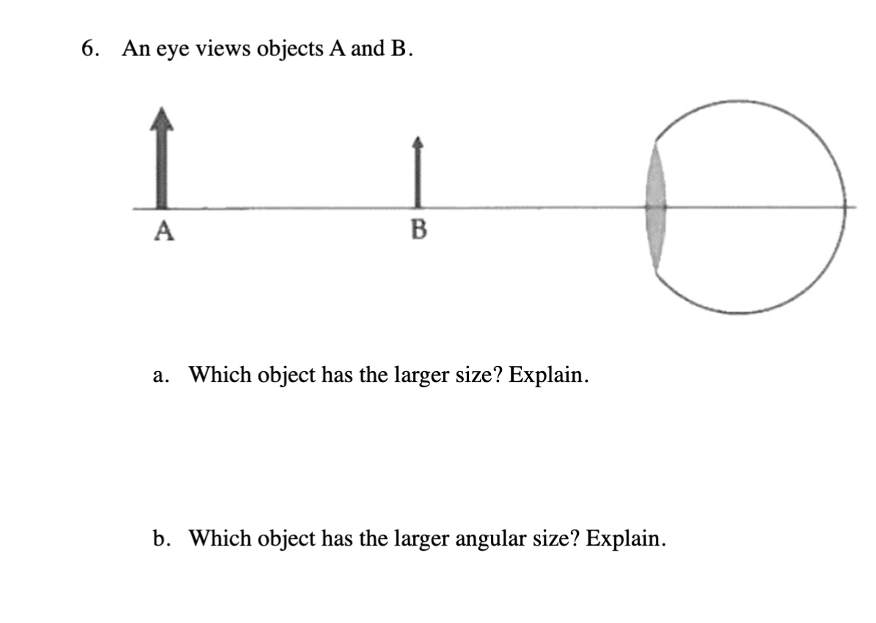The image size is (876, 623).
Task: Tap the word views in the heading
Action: click(x=223, y=49)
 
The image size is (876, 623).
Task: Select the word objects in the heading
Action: click(x=290, y=50)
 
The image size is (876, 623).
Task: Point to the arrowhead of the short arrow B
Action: click(x=418, y=143)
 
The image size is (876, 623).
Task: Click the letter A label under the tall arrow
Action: click(x=164, y=231)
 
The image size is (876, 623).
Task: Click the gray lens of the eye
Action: click(x=655, y=207)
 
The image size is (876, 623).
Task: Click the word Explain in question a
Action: click(x=548, y=375)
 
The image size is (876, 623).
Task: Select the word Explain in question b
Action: click(x=625, y=539)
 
